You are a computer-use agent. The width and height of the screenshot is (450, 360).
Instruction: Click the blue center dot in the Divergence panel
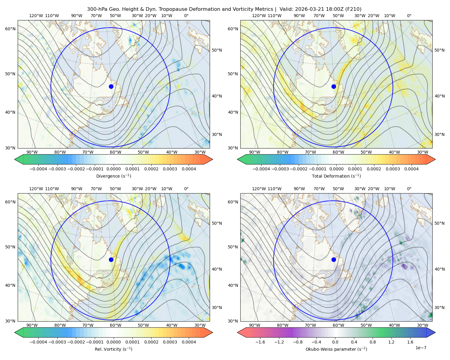coord(111,87)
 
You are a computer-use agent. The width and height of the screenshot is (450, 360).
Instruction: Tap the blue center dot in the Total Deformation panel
coord(334,87)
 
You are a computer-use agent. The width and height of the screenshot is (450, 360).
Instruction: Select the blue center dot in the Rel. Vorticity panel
coord(111,259)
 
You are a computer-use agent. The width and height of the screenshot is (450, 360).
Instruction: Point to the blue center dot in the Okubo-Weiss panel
coord(334,259)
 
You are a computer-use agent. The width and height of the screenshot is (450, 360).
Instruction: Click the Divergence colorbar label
coord(113,176)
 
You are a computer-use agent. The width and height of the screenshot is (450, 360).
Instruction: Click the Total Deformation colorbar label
coord(336,176)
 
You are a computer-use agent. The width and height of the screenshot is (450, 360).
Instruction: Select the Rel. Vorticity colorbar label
coord(113,349)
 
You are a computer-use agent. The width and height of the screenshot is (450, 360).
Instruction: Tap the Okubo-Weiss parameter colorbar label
coord(336,349)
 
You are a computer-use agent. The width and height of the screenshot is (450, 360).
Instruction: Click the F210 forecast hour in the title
coord(353,9)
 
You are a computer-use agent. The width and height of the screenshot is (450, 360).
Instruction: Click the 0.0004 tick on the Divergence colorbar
coord(189,169)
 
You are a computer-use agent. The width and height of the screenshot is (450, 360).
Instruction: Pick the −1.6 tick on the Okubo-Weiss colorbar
coord(260,342)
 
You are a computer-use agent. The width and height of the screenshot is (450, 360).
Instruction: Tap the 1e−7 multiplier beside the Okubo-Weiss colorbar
coord(421,348)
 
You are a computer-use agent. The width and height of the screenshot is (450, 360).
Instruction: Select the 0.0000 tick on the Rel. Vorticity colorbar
coord(113,342)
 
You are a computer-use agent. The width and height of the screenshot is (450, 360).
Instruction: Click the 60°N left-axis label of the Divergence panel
coord(10,29)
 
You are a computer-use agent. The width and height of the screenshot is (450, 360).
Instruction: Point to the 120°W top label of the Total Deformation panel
coord(259,16)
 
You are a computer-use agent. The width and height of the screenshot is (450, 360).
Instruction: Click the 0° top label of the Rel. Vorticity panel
coord(186,189)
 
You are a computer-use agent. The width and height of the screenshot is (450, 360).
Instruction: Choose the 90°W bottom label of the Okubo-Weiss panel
coord(254,325)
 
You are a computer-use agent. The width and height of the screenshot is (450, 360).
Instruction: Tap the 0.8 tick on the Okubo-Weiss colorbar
coord(373,342)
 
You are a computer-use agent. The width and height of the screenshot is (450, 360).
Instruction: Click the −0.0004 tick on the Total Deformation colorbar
coord(261,169)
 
